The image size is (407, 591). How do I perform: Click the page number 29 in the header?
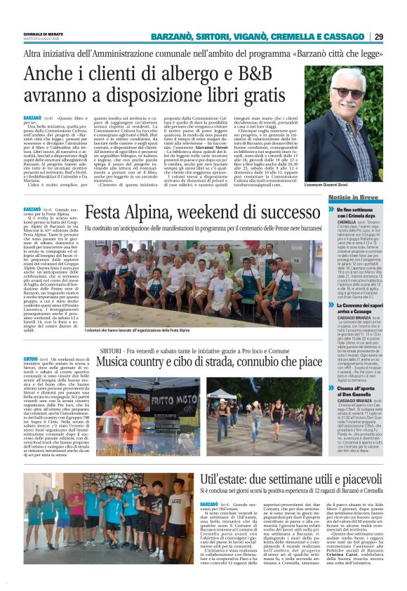coord(398,36)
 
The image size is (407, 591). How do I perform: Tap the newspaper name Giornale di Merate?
coord(44,33)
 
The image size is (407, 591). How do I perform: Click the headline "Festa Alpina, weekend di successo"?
coord(192,211)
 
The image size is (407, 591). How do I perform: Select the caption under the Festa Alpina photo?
coord(138,329)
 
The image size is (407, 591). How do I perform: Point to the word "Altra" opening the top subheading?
coord(34,53)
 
